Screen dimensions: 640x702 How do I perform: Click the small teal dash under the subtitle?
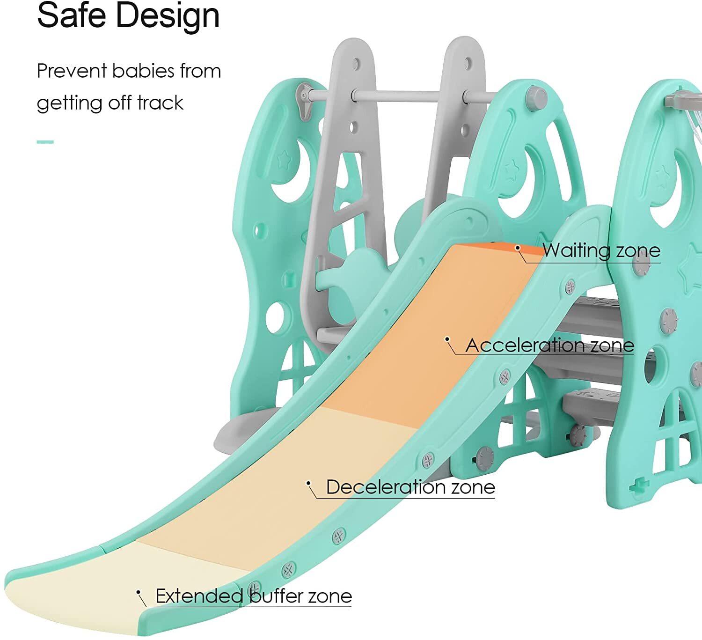click(45, 141)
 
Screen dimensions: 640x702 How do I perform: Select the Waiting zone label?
click(601, 250)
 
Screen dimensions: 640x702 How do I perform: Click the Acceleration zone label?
click(549, 346)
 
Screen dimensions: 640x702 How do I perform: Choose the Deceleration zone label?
click(410, 487)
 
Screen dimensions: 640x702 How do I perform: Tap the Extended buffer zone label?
click(253, 596)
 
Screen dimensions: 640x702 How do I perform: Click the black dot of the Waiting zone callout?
click(518, 248)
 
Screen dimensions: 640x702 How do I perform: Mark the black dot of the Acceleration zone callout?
click(447, 339)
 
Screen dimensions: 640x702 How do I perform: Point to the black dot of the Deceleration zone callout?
click(309, 483)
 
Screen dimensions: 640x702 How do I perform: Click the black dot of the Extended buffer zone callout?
click(139, 592)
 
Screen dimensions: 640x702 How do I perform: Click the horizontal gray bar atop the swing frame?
click(398, 96)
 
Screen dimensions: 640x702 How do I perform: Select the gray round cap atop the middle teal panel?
click(536, 97)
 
